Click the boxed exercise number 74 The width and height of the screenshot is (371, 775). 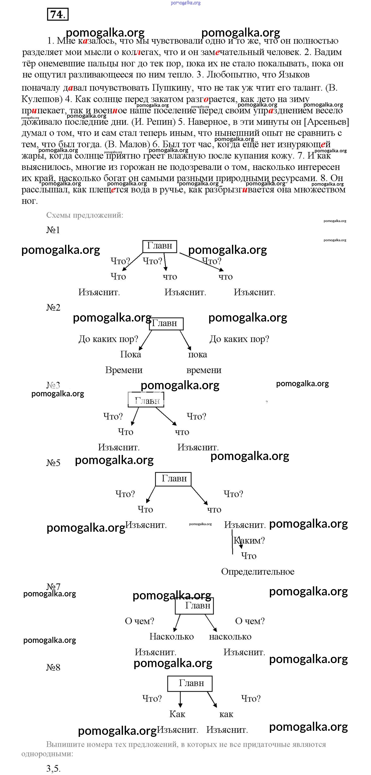[x=57, y=14]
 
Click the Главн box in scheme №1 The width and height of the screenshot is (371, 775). [x=159, y=246]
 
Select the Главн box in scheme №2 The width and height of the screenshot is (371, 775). [x=166, y=323]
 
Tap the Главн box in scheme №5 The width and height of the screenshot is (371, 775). [x=173, y=479]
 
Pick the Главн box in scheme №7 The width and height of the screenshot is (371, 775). [x=194, y=606]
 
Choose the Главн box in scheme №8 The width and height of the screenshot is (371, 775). [x=190, y=683]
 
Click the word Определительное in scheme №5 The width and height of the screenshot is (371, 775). [x=257, y=571]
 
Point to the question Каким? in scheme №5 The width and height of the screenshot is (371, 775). [x=249, y=540]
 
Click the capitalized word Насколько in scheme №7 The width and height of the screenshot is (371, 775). [x=171, y=636]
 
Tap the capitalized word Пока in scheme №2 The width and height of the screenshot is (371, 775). [x=130, y=354]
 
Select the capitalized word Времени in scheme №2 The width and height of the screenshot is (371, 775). [x=124, y=370]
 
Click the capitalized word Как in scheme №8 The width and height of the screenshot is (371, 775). [x=177, y=714]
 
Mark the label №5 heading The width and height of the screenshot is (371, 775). [x=53, y=463]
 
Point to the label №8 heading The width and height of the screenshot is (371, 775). [x=53, y=667]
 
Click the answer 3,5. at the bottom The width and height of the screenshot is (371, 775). [x=53, y=769]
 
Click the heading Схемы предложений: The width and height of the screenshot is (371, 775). [x=85, y=215]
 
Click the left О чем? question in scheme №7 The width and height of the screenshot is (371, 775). [x=139, y=621]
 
